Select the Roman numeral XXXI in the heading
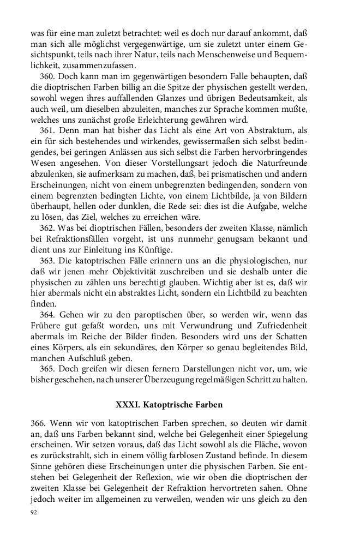127,405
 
